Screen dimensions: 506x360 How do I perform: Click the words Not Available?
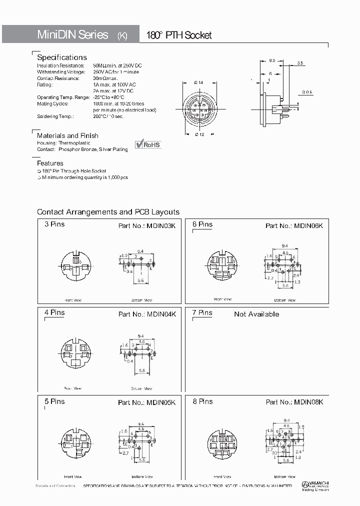[256, 314]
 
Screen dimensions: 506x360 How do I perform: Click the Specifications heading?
[62, 57]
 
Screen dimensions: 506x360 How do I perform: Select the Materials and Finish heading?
[67, 135]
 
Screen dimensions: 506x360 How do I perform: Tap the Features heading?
[50, 163]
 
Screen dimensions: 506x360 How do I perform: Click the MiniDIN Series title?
[73, 34]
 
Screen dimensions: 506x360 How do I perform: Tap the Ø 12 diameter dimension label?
[199, 134]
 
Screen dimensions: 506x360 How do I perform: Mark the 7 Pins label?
[202, 313]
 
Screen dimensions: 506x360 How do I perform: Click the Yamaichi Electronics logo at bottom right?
[315, 486]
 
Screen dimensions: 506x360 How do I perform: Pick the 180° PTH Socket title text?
[178, 35]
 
